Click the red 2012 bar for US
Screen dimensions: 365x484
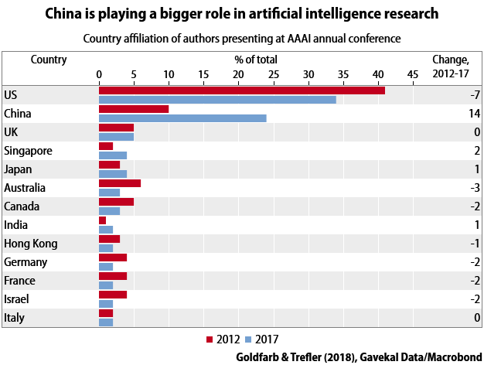[241, 90]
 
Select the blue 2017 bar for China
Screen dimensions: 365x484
[182, 118]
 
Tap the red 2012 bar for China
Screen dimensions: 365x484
[134, 109]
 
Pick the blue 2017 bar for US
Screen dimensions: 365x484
[217, 100]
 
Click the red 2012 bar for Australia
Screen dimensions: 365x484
[120, 183]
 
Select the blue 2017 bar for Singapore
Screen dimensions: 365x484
[113, 155]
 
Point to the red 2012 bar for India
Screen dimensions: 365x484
[103, 220]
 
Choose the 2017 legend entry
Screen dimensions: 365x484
[261, 339]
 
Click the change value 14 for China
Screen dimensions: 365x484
[474, 114]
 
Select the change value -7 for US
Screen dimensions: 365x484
[475, 95]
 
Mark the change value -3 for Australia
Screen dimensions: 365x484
[475, 188]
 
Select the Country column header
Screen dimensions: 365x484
[49, 60]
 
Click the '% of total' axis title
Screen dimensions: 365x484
[256, 60]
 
